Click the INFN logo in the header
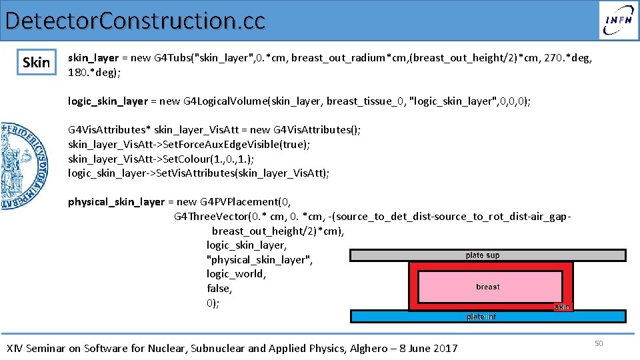click(x=618, y=20)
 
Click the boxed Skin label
click(x=36, y=63)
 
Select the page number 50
click(x=599, y=343)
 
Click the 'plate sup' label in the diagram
click(x=483, y=255)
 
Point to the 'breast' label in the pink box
click(x=487, y=287)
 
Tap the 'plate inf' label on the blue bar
click(x=481, y=317)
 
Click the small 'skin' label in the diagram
click(x=562, y=307)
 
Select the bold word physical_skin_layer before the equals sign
click(x=116, y=201)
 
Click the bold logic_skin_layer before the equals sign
click(x=108, y=101)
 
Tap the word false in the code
click(x=219, y=289)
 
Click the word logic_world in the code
click(x=236, y=274)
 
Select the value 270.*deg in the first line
click(x=568, y=58)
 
